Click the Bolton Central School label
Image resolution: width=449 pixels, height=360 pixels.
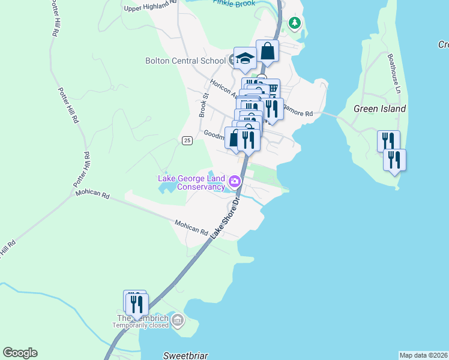tap(185, 61)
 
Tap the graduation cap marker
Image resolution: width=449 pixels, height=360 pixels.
tap(245, 58)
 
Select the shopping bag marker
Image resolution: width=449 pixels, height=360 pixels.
tap(268, 52)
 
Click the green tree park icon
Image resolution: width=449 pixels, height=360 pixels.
tap(294, 23)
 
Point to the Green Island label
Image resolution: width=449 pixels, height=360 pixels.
tap(379, 109)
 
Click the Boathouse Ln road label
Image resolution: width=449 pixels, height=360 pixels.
tap(394, 73)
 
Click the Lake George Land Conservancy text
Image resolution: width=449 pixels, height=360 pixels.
tap(191, 182)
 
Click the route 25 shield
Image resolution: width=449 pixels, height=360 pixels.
tap(187, 140)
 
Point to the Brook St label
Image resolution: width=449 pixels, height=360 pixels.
tap(203, 105)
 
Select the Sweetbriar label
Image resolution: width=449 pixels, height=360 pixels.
tap(185, 355)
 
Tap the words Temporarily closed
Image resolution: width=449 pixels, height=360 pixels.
tap(141, 326)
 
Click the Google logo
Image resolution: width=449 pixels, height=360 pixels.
tap(20, 353)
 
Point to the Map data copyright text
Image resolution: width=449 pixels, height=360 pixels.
tap(423, 355)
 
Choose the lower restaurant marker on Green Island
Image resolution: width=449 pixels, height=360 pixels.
tap(394, 160)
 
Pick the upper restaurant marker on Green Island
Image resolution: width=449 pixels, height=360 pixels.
tap(388, 142)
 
